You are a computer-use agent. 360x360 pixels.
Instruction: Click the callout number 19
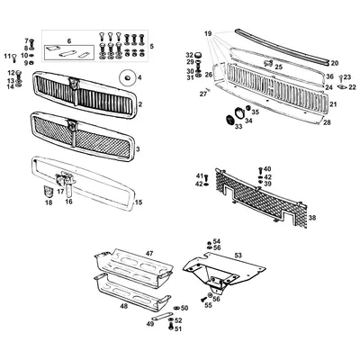coord(208,33)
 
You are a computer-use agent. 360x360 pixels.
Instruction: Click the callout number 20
coord(334,63)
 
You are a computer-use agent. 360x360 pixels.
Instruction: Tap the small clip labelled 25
coord(268,65)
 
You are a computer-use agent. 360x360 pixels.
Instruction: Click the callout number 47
coord(150,256)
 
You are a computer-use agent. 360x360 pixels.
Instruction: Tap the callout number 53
coord(238,256)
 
